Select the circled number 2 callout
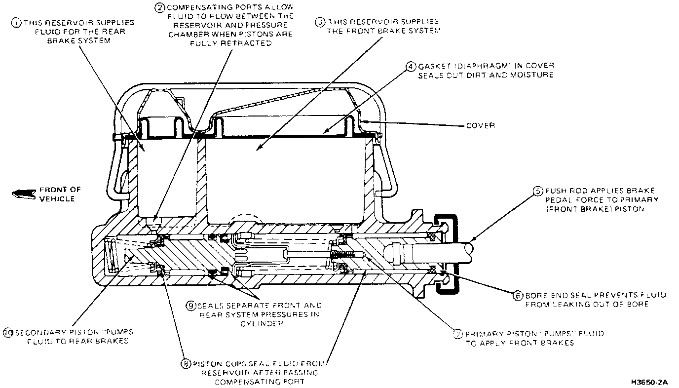[x=159, y=7]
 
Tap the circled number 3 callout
[x=320, y=22]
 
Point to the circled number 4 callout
[x=411, y=66]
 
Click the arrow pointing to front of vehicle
[x=23, y=194]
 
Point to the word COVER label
[x=480, y=125]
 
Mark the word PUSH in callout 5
[x=555, y=191]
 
